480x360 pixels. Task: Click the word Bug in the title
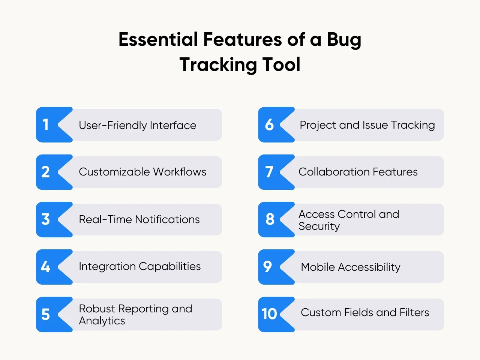point(344,40)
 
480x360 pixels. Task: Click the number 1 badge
point(54,124)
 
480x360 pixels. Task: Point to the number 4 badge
point(54,267)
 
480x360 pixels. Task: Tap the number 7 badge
point(276,172)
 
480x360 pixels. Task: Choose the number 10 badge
point(276,314)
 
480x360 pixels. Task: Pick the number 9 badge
point(276,267)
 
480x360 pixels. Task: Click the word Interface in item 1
point(173,125)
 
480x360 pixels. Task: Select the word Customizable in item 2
point(114,172)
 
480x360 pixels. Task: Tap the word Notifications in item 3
point(167,219)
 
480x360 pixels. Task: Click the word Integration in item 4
point(107,267)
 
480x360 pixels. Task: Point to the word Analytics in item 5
point(102,321)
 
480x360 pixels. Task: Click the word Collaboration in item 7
point(334,172)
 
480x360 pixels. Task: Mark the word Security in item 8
point(319,226)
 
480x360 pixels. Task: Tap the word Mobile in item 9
point(318,267)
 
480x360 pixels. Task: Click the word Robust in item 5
point(97,309)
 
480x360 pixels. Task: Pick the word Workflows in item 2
point(180,172)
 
